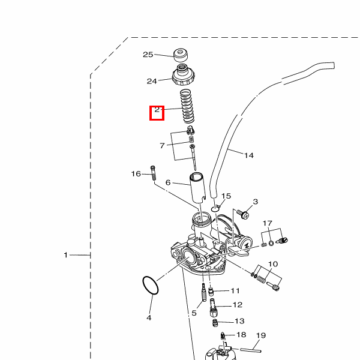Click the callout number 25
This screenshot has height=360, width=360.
[148, 55]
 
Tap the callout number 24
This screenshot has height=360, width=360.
[152, 81]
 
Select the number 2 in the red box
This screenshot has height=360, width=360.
[157, 110]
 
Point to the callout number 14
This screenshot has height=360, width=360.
[248, 155]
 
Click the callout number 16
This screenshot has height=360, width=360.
[136, 174]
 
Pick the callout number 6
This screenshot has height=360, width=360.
[169, 183]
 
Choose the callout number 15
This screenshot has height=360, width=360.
[226, 196]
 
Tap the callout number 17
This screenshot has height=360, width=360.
[268, 224]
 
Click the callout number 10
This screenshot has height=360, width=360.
[273, 264]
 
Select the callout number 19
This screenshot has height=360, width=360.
[260, 335]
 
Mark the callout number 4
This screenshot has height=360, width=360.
[149, 317]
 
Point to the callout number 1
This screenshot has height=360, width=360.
[66, 255]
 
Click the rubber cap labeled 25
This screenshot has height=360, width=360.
[181, 55]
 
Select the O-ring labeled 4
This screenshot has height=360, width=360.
[150, 285]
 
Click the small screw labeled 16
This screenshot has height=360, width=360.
[153, 173]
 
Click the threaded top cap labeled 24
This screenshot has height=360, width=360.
[182, 76]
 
